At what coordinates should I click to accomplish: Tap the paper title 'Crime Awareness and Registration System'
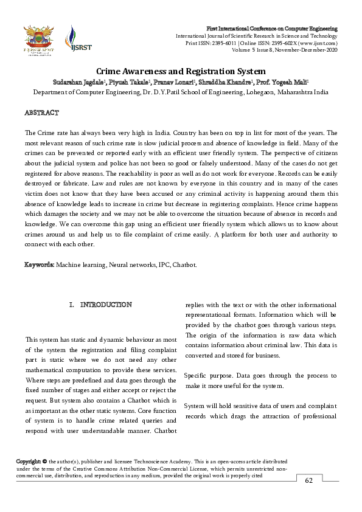(180, 72)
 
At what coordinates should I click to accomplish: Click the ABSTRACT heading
(41, 114)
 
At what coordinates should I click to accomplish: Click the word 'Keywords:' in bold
(39, 265)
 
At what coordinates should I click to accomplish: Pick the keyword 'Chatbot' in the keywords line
(183, 265)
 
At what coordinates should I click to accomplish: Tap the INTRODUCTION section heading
(106, 304)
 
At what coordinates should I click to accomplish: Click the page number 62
(309, 482)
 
